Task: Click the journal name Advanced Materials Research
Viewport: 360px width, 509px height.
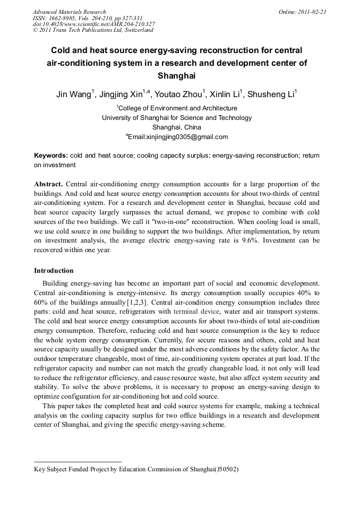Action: (69, 12)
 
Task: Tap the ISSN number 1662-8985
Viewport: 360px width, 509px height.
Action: (66, 18)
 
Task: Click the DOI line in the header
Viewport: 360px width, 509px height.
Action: (93, 24)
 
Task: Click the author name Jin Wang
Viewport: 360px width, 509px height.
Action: (73, 95)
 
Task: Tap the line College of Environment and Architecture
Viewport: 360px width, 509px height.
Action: (177, 108)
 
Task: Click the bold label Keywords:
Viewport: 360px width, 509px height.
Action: (50, 156)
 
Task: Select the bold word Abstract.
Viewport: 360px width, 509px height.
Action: (48, 184)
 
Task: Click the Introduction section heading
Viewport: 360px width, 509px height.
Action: (54, 271)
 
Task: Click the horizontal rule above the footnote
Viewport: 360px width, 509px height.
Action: (78, 462)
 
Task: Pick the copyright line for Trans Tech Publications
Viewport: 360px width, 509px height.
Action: (93, 30)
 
